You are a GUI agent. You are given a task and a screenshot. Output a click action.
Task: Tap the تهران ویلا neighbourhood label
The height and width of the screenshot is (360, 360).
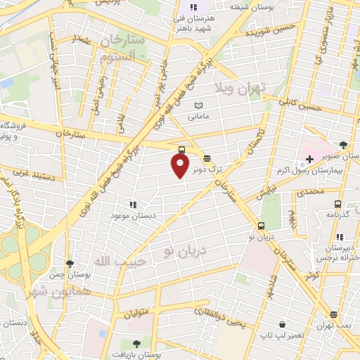239,88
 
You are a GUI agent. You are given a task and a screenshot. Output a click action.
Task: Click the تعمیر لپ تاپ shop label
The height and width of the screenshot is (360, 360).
281,335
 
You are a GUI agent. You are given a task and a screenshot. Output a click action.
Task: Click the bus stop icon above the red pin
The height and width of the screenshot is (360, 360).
182,150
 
